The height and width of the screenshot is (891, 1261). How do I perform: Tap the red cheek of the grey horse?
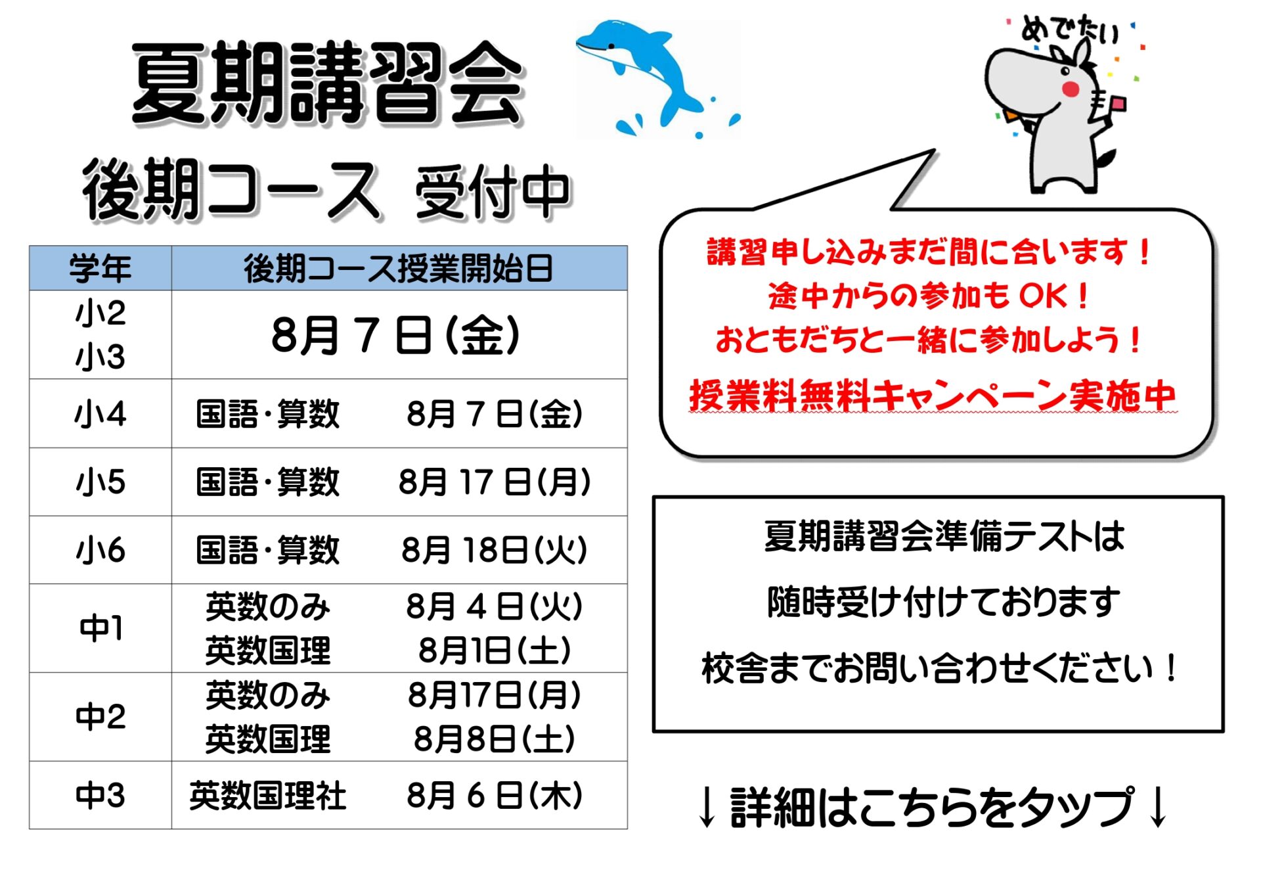click(x=1071, y=88)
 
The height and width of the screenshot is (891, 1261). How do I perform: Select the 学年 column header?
click(x=100, y=269)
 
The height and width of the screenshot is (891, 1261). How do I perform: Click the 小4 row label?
click(x=100, y=414)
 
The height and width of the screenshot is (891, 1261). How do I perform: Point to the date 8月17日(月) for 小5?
click(x=495, y=482)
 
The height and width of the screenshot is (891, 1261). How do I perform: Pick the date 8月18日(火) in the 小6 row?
click(x=494, y=550)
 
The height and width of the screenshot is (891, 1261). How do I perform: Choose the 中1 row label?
click(x=100, y=628)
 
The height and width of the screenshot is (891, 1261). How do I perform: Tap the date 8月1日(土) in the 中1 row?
click(x=495, y=651)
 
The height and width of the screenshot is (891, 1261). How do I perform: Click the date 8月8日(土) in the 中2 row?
click(x=495, y=739)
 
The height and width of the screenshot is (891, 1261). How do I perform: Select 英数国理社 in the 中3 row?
click(x=268, y=796)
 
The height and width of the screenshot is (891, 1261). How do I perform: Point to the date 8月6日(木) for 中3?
click(x=495, y=796)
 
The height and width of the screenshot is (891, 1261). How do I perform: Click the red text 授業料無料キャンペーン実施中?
click(x=933, y=396)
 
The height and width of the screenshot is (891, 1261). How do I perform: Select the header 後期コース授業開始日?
click(x=399, y=269)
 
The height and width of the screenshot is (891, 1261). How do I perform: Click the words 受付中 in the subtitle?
click(x=493, y=192)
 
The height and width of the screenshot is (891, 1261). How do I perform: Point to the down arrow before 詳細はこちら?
click(x=707, y=807)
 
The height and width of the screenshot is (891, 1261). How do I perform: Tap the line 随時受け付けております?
click(x=944, y=602)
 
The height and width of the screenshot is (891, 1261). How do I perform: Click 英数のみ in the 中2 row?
click(x=268, y=695)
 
